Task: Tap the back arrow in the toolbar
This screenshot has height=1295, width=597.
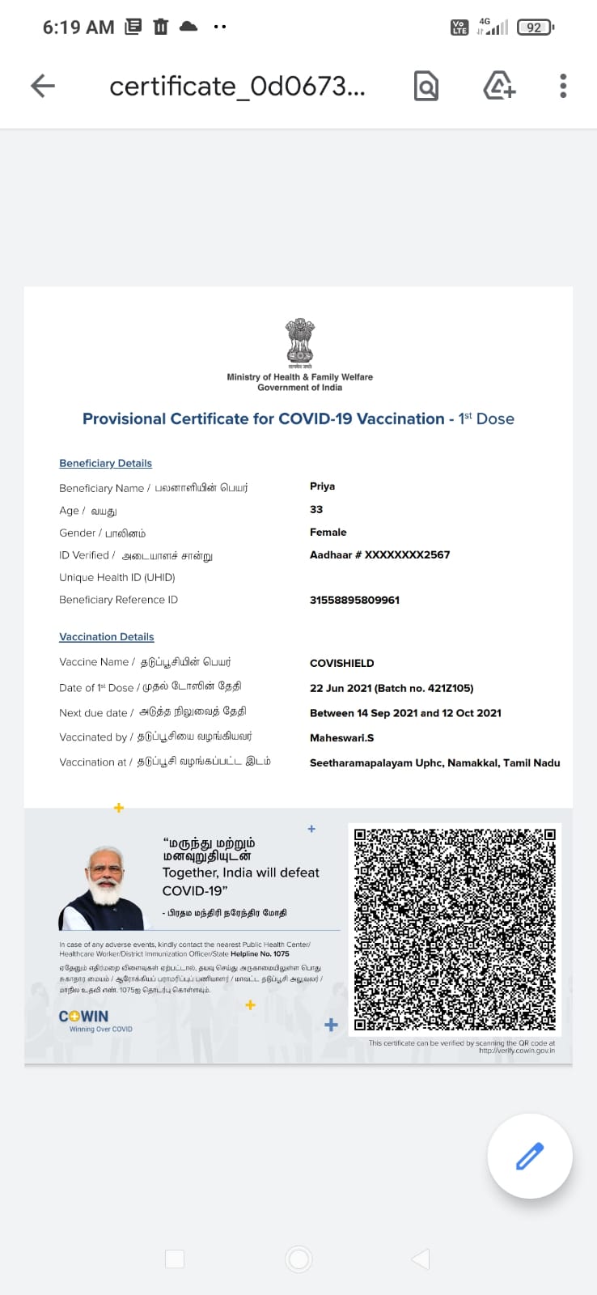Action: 43,86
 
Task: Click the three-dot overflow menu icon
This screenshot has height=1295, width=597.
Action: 563,86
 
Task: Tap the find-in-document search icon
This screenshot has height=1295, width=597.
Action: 426,86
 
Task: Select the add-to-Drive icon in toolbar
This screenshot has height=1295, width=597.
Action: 498,86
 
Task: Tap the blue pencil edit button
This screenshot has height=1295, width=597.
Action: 530,1156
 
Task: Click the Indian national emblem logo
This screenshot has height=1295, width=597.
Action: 299,341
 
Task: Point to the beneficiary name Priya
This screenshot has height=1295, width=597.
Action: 322,486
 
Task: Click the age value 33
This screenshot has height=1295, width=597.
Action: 316,509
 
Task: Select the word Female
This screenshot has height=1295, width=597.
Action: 328,532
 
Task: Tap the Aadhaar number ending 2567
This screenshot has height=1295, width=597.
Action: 379,554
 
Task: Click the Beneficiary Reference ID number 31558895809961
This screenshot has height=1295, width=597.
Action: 354,600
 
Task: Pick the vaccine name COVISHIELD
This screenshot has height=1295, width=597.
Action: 341,663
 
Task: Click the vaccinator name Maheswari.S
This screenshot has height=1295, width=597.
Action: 341,737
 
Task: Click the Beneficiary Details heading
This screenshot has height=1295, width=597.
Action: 105,463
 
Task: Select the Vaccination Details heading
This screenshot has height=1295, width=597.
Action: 106,637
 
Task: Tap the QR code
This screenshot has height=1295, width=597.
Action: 455,928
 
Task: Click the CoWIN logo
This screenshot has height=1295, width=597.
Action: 83,1017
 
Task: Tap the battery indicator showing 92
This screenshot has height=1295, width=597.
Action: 534,28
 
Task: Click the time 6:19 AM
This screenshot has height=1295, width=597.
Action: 78,28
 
